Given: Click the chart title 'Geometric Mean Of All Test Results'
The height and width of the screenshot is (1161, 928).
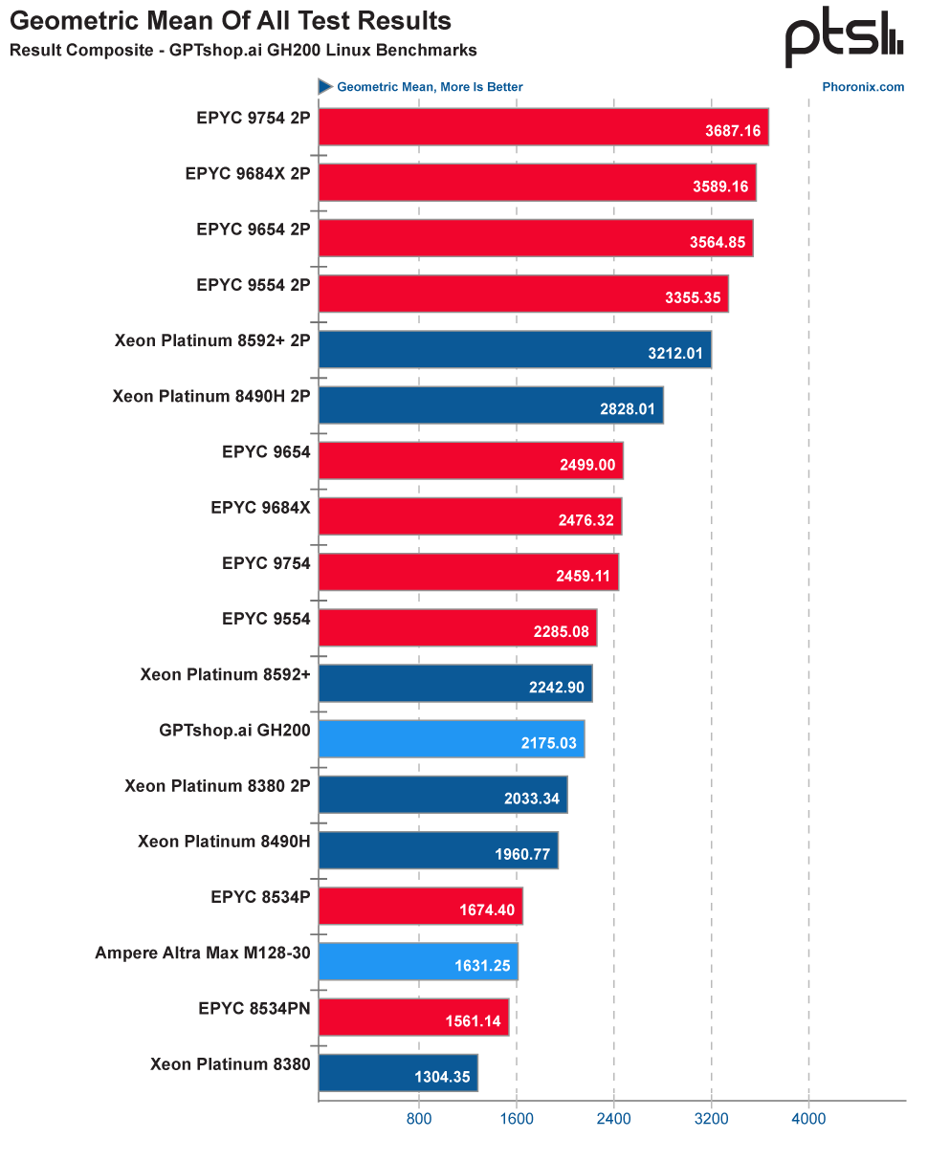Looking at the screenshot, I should (231, 20).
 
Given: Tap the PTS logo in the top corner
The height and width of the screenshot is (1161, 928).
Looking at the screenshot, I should (844, 38).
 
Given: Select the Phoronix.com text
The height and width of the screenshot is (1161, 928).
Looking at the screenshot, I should (863, 87).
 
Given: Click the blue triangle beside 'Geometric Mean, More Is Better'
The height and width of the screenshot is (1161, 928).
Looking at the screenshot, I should (325, 87).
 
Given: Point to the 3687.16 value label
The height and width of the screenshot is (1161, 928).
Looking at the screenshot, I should (733, 131).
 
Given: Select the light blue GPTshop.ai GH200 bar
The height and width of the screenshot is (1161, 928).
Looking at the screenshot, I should (451, 739).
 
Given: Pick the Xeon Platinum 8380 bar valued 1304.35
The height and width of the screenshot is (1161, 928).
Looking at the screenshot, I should (397, 1072).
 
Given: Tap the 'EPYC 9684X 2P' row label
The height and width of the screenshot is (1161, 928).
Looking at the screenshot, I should (248, 174).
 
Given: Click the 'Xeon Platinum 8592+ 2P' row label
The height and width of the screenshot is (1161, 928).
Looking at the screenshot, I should (212, 340).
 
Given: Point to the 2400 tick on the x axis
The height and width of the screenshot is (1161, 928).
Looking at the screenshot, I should (613, 1117).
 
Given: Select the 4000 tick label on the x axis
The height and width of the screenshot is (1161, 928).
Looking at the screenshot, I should (808, 1117).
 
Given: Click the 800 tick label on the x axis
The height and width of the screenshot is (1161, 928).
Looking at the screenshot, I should (418, 1117).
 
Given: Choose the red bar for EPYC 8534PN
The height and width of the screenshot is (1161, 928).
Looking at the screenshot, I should (413, 1017).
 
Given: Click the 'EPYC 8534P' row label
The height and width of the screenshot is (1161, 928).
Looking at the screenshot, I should (260, 897).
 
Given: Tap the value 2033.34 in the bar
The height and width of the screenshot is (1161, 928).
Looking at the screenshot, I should (532, 799).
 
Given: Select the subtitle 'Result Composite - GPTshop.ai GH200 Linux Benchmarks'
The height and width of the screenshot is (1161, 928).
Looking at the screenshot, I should (243, 50).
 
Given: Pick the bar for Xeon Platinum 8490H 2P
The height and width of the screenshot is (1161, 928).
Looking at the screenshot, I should (490, 405).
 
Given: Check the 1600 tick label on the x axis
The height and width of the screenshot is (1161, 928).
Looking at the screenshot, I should (516, 1117).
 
